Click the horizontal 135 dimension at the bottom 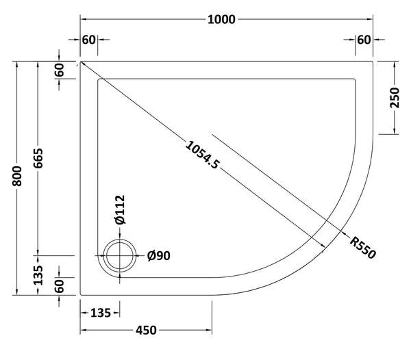(101, 313)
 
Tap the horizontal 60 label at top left (88, 39)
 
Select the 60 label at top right (364, 39)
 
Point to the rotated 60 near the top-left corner (60, 70)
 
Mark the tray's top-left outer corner (81, 61)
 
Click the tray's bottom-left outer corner (81, 295)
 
